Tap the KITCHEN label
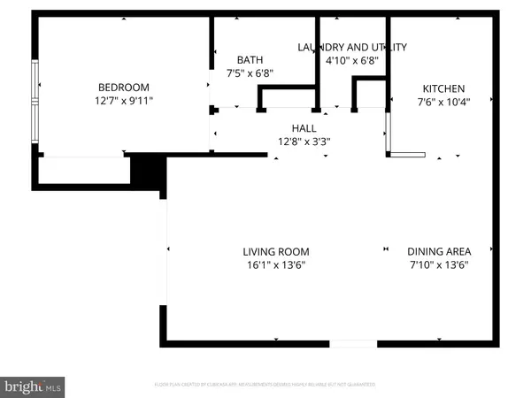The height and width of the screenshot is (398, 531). [x=443, y=88]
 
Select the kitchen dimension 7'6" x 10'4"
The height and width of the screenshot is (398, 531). [x=443, y=102]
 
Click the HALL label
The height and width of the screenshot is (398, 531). [x=304, y=127]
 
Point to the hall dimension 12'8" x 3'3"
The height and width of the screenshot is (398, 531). [x=304, y=141]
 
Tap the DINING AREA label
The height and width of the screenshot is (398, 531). [x=438, y=251]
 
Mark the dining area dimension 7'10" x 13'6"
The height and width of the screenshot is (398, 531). [x=438, y=264]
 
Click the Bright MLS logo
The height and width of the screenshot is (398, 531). [x=34, y=386]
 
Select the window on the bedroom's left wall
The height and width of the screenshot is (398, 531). [x=35, y=106]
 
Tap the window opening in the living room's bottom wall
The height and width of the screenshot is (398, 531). [x=353, y=342]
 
